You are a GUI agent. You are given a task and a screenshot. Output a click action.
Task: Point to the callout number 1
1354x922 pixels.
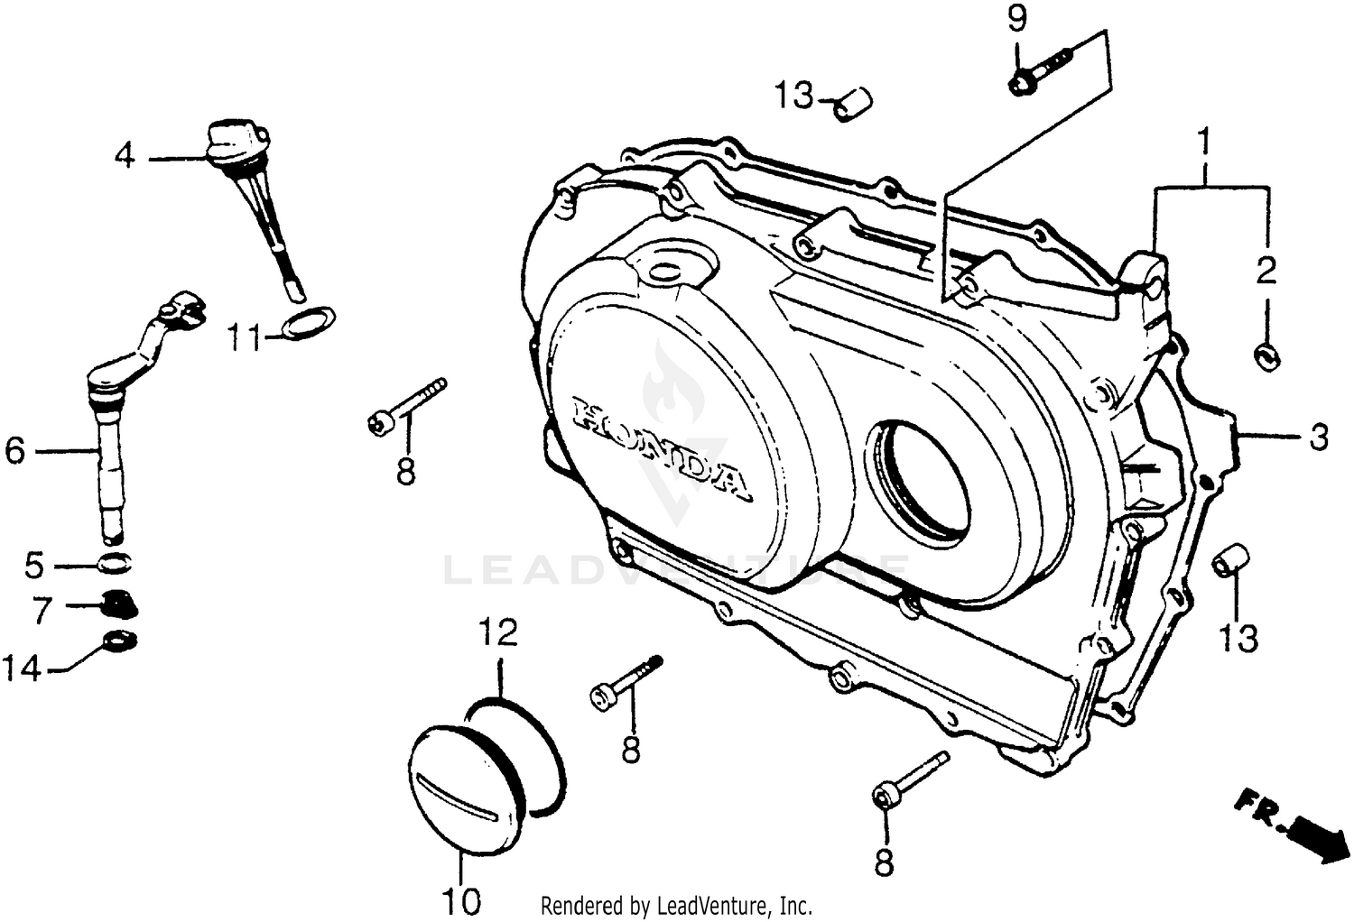pyautogui.click(x=1203, y=143)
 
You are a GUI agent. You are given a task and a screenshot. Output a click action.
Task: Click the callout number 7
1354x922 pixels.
pyautogui.click(x=42, y=611)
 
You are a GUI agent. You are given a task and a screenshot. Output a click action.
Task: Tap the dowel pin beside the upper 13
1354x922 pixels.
pyautogui.click(x=852, y=104)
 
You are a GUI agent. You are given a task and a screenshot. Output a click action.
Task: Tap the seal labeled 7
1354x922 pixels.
pyautogui.click(x=117, y=603)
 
